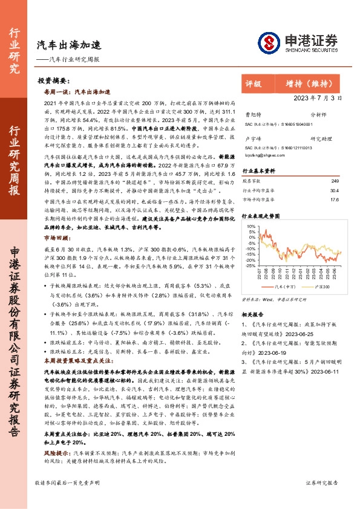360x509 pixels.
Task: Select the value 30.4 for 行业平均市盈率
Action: click(x=335, y=190)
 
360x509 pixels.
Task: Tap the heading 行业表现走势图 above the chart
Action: click(x=262, y=216)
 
